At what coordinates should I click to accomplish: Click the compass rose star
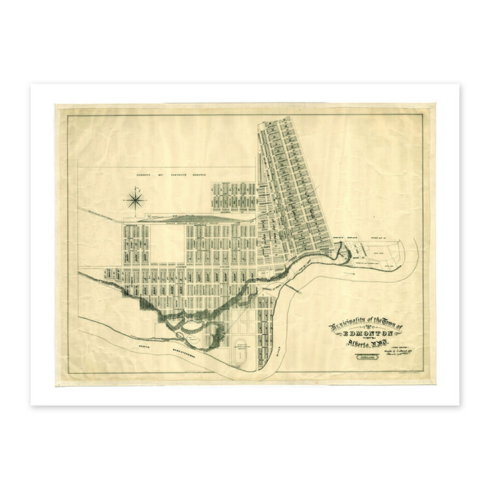click(134, 199)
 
